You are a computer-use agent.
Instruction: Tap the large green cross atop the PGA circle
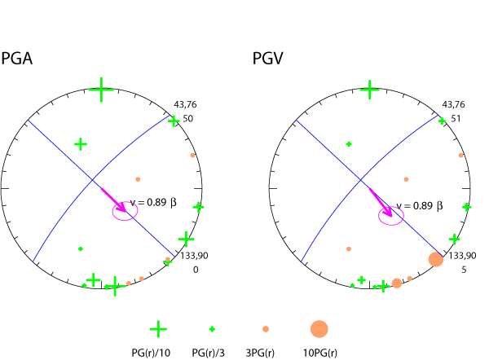(101, 90)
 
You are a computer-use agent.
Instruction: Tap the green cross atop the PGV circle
(370, 89)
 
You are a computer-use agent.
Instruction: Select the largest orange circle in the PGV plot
(436, 259)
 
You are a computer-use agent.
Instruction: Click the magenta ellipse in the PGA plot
(125, 212)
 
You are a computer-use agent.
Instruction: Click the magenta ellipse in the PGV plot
(391, 215)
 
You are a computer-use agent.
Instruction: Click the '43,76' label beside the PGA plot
(186, 105)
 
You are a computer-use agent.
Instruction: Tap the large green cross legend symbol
(158, 328)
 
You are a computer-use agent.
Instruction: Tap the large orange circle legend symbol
(319, 328)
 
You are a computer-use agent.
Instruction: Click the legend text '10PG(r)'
(319, 353)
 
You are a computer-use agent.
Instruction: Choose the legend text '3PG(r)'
(264, 353)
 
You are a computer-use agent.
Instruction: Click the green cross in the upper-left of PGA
(81, 144)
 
